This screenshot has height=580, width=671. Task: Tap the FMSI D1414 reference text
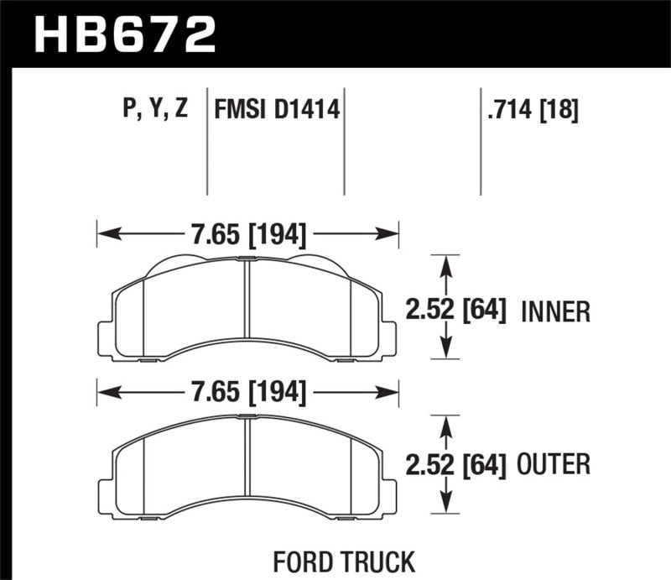278,110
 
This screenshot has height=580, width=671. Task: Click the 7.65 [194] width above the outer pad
247,390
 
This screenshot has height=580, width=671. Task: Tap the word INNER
556,312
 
